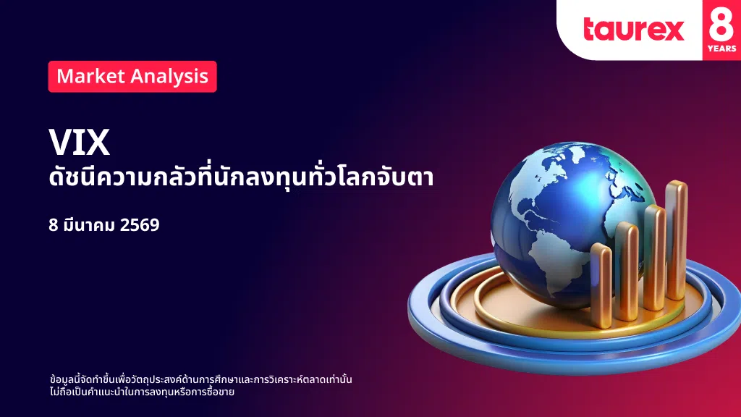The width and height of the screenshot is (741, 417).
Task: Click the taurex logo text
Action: pyautogui.click(x=634, y=29)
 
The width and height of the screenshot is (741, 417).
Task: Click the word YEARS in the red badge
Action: pyautogui.click(x=721, y=49)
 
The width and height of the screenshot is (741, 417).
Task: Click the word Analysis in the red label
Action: pyautogui.click(x=169, y=77)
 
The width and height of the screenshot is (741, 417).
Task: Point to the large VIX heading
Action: pyautogui.click(x=80, y=143)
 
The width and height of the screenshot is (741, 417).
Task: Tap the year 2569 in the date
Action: pyautogui.click(x=140, y=225)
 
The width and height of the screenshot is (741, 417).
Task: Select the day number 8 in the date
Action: pyautogui.click(x=53, y=225)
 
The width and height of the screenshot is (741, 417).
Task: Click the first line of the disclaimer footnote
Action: pyautogui.click(x=201, y=379)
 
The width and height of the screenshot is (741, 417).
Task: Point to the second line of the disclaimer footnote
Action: pyautogui.click(x=142, y=392)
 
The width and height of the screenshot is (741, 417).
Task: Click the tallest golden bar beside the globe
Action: pyautogui.click(x=677, y=240)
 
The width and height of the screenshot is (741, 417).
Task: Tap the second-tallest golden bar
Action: pyautogui.click(x=655, y=258)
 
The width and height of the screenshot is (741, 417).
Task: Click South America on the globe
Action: pyautogui.click(x=551, y=262)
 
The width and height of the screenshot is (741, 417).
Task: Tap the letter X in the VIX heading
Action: pyautogui.click(x=98, y=143)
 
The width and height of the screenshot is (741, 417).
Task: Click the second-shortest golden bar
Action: pyautogui.click(x=627, y=271)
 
